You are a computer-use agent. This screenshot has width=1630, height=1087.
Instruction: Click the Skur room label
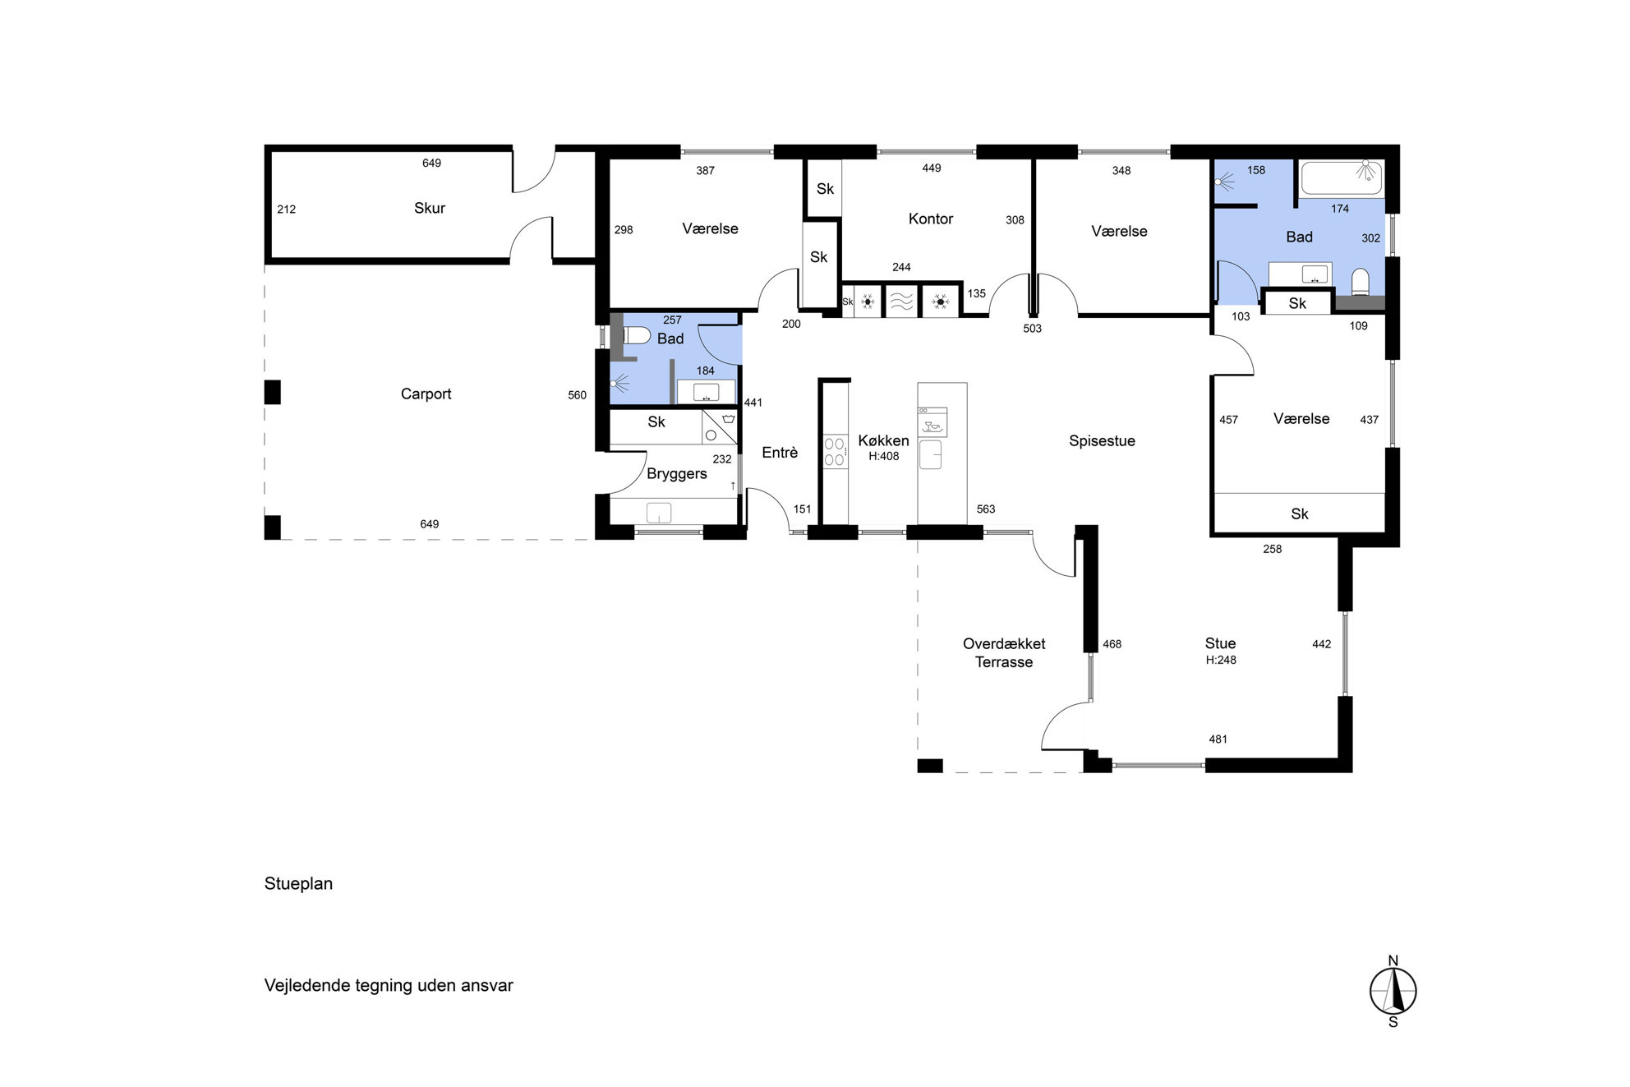tap(429, 208)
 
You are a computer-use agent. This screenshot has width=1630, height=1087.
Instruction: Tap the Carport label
tap(426, 394)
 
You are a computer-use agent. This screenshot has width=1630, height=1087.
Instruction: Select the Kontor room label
tap(931, 219)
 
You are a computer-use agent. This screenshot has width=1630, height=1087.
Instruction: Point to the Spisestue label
tap(1102, 441)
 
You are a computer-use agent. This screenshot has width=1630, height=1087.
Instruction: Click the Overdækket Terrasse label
tap(1004, 652)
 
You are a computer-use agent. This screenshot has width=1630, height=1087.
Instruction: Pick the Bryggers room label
tap(676, 474)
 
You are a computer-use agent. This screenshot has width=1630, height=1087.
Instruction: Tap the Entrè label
tap(780, 453)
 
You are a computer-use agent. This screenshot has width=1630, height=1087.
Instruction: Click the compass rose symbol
tap(1393, 991)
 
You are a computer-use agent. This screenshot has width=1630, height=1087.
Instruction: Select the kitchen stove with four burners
tap(835, 452)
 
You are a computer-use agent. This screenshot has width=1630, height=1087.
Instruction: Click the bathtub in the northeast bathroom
tap(1342, 177)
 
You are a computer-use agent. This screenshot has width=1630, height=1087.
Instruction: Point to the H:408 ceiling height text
tap(884, 457)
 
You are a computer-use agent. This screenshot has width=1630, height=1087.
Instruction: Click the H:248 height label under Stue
tap(1221, 660)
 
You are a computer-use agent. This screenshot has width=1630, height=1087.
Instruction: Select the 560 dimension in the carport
tap(577, 395)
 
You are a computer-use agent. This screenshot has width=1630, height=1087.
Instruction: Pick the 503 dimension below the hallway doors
tap(1032, 329)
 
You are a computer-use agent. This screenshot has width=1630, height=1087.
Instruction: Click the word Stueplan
tap(298, 884)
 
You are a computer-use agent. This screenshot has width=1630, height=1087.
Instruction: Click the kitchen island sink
tap(930, 454)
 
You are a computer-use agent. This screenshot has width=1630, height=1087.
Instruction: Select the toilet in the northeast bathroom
tap(1361, 281)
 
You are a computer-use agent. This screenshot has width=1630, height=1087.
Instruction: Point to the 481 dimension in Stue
tap(1218, 739)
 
